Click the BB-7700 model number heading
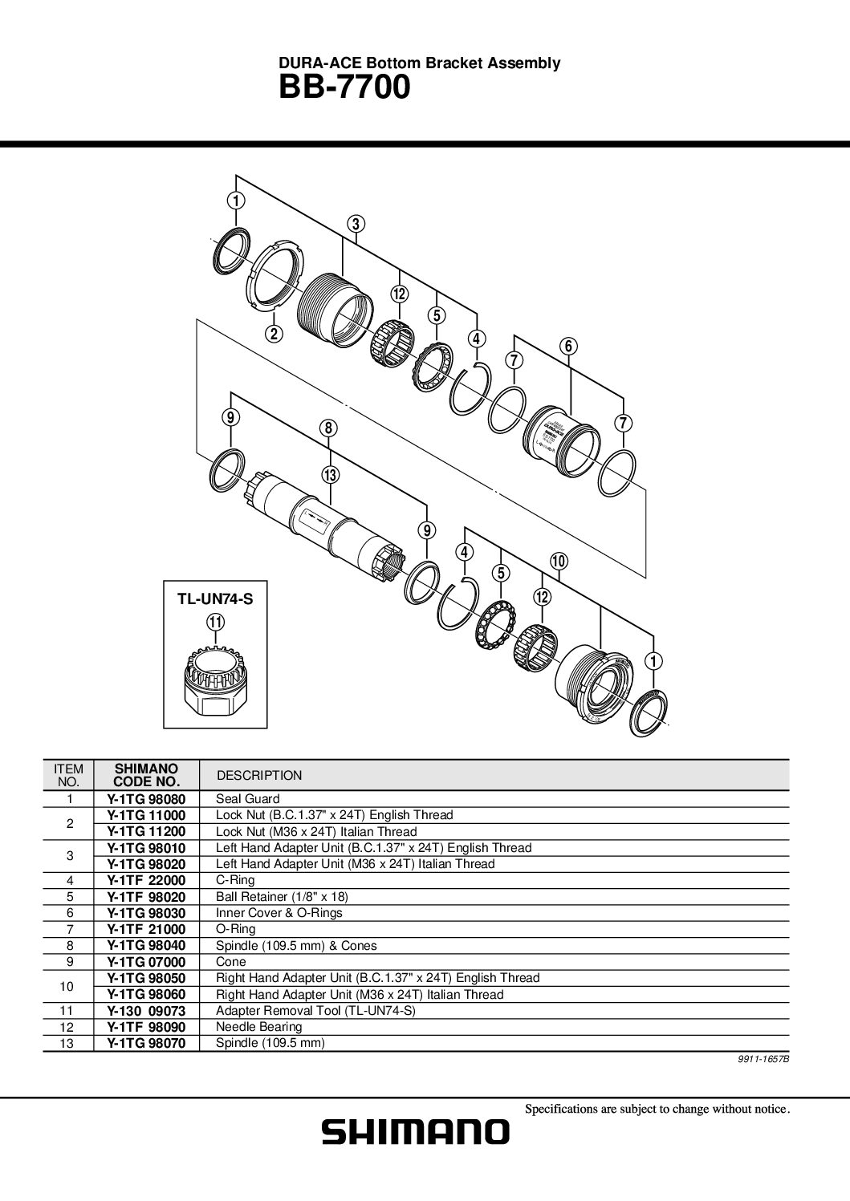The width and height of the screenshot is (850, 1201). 344,87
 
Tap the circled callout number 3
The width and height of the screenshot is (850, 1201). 356,224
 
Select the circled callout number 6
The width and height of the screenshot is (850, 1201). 568,347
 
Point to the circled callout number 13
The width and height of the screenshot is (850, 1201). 329,474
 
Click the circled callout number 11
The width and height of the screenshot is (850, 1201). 216,623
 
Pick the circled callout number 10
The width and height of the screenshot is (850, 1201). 559,562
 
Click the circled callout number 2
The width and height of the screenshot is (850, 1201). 274,334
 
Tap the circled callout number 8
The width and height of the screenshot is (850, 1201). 328,428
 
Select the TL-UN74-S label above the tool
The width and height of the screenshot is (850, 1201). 215,598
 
